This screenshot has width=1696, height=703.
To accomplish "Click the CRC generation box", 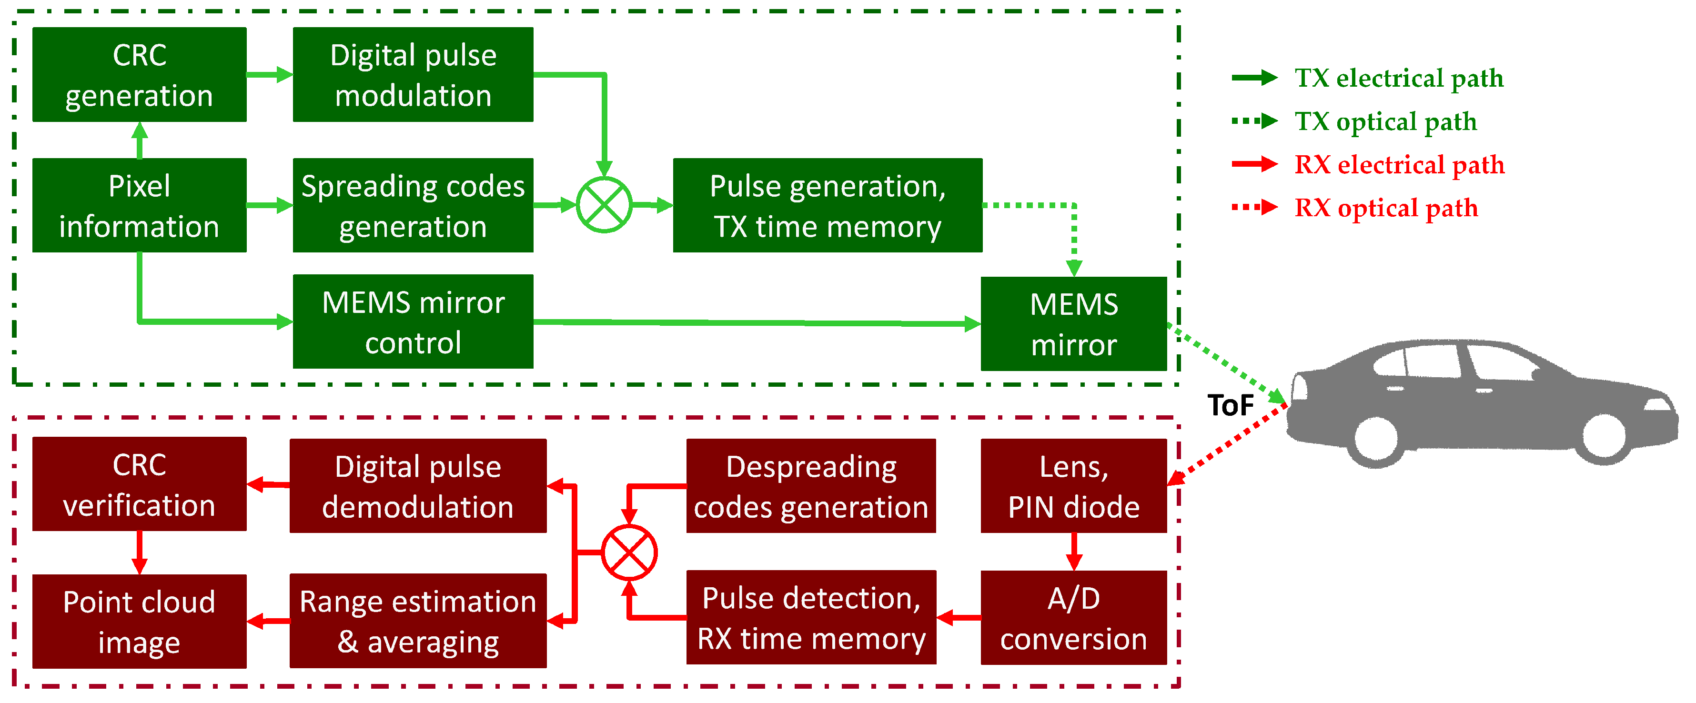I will [x=139, y=74].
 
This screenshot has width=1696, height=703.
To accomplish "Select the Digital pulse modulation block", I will [x=413, y=74].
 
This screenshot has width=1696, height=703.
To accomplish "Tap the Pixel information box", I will [x=139, y=205].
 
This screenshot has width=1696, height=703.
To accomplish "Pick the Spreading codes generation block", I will [x=413, y=205].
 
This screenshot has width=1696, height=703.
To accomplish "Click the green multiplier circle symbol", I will [x=604, y=205].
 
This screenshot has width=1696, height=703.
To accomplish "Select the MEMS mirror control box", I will [x=413, y=322].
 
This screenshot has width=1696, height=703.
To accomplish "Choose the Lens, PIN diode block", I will [x=1073, y=486].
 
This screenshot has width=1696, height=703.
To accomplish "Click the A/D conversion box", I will [x=1073, y=617].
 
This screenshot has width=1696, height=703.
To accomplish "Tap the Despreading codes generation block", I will [x=810, y=486].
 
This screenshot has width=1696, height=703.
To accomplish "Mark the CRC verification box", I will [x=139, y=484].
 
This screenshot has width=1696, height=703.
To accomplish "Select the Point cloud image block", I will [x=139, y=622].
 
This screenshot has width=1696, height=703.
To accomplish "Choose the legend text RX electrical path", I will [x=1399, y=165].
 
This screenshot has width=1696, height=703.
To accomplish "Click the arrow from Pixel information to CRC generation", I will [x=139, y=140].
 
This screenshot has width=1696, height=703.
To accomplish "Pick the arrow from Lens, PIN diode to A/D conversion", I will [x=1074, y=551].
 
